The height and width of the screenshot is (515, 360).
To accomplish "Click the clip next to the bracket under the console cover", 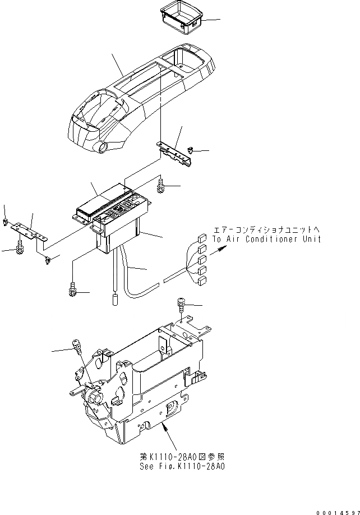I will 191,150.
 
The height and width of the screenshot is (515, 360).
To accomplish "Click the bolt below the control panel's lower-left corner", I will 72,291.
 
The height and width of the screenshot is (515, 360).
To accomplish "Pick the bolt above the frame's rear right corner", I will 182,304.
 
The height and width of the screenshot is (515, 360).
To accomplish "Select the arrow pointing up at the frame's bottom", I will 164,430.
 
